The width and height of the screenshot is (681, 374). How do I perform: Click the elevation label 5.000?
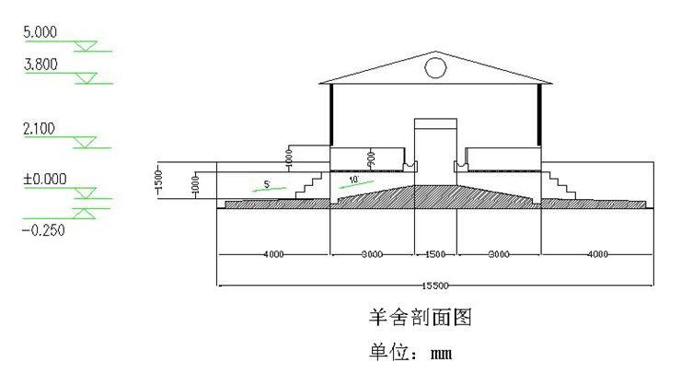coord(40,32)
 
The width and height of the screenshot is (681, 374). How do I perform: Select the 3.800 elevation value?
coord(40,64)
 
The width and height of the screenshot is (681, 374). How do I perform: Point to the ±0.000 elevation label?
coord(44,179)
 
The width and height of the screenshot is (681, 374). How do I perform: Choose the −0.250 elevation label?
coord(42,230)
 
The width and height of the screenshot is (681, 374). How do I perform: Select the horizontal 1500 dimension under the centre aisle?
coord(435,252)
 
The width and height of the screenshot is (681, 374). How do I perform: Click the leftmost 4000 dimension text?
coord(273,252)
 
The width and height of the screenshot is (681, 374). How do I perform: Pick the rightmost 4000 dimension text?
coord(597,252)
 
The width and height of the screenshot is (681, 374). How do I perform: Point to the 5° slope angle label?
coord(267,184)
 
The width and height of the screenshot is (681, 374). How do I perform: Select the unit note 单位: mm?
coord(410,353)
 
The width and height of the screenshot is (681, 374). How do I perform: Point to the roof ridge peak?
coord(435,52)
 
